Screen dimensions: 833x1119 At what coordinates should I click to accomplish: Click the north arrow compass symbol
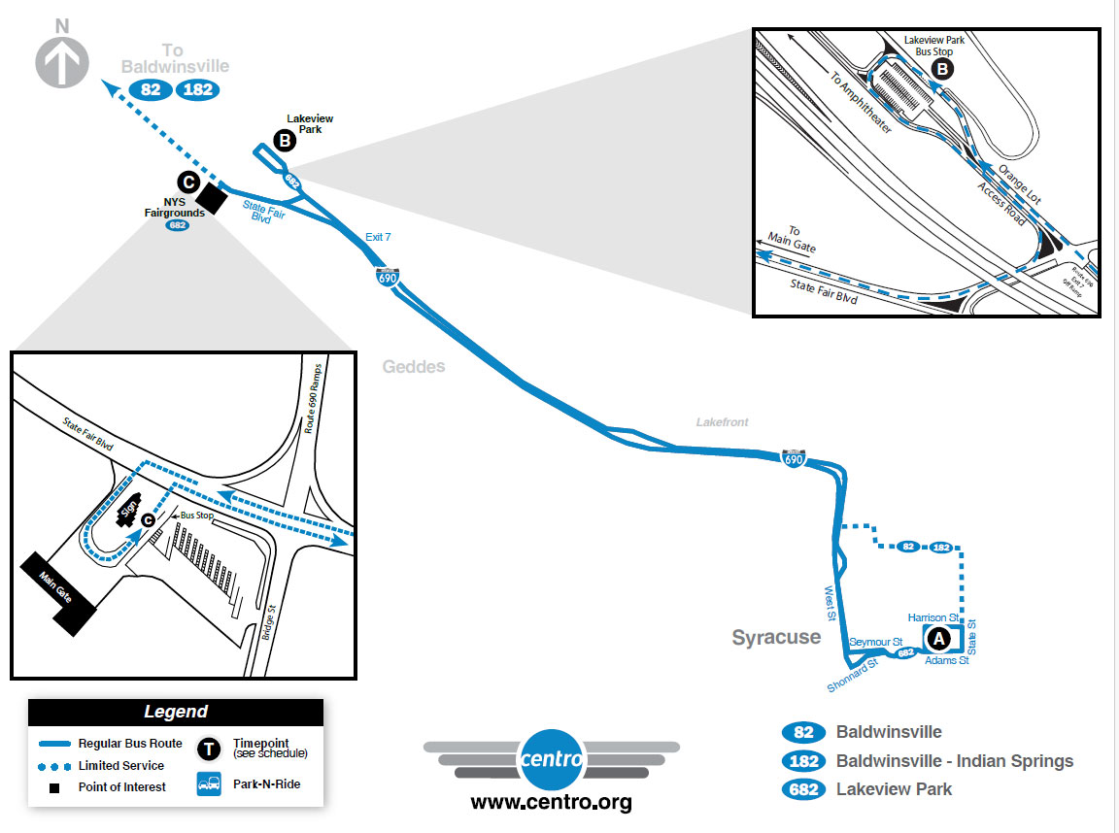coord(62,60)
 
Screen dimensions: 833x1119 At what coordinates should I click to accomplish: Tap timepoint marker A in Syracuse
coord(938,639)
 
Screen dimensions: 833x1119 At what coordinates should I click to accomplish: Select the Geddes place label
coord(413,367)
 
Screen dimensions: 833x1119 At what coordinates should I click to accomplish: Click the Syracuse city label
coord(776,637)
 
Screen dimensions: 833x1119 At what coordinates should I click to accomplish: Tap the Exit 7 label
coord(379,236)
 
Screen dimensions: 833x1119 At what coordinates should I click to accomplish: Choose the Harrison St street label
coord(933,617)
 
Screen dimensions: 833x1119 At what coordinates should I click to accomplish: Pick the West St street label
coord(830,603)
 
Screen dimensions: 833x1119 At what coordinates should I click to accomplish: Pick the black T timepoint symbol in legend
coord(209,749)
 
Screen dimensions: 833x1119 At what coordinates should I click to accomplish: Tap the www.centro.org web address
coord(551,803)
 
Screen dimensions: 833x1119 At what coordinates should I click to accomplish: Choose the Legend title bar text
coord(176,712)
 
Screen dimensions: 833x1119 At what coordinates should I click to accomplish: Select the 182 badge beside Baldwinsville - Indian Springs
coord(803,761)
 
